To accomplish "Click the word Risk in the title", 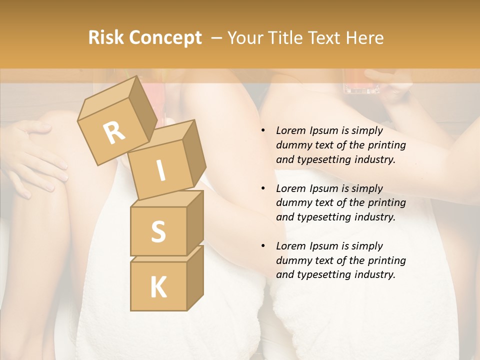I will [105, 37].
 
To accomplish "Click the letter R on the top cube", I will [114, 132].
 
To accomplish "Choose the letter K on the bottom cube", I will [158, 287].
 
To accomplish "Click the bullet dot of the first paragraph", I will [263, 131].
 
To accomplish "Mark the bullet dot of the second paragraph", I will [263, 188].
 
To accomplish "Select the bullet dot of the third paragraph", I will [263, 246].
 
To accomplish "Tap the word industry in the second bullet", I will [375, 217].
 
